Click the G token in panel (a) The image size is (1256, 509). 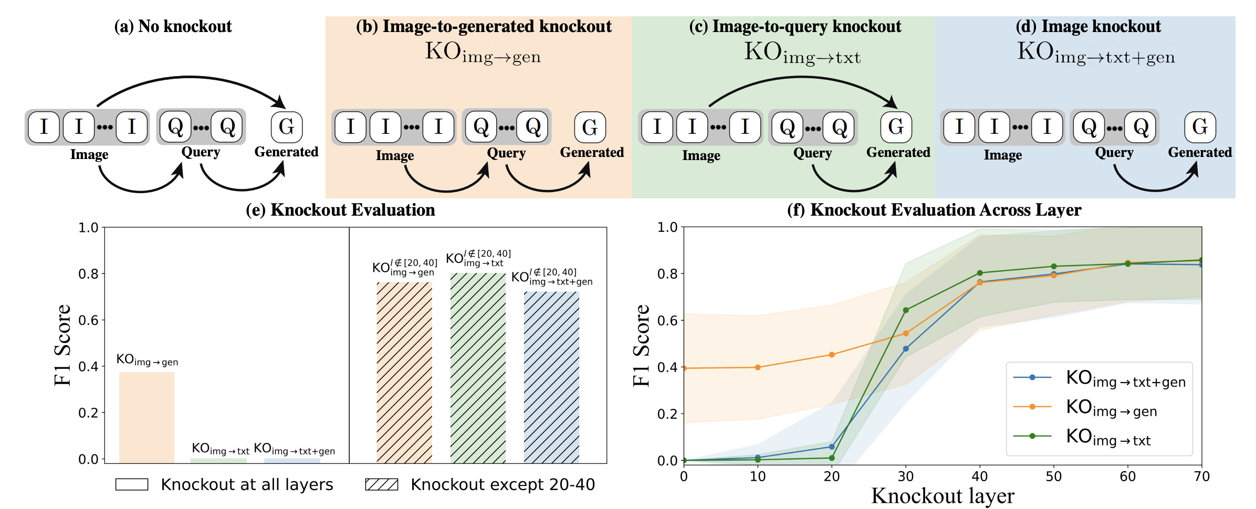286,127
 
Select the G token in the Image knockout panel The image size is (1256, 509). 1200,127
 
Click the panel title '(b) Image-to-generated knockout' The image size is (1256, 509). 484,26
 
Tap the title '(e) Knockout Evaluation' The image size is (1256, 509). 340,210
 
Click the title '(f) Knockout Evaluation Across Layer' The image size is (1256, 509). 934,210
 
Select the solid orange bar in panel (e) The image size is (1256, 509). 146,417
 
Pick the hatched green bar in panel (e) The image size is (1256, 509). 478,367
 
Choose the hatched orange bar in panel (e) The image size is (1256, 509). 404,373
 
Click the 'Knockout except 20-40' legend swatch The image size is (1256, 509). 381,484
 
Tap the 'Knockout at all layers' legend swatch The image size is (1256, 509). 131,484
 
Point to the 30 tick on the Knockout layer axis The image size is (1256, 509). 906,476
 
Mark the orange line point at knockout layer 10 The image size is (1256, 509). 758,367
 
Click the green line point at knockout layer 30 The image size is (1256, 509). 906,310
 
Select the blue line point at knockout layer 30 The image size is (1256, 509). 906,348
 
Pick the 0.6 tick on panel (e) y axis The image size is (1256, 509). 88,320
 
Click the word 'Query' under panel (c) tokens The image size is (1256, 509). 812,153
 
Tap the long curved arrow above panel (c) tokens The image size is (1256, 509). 802,79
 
